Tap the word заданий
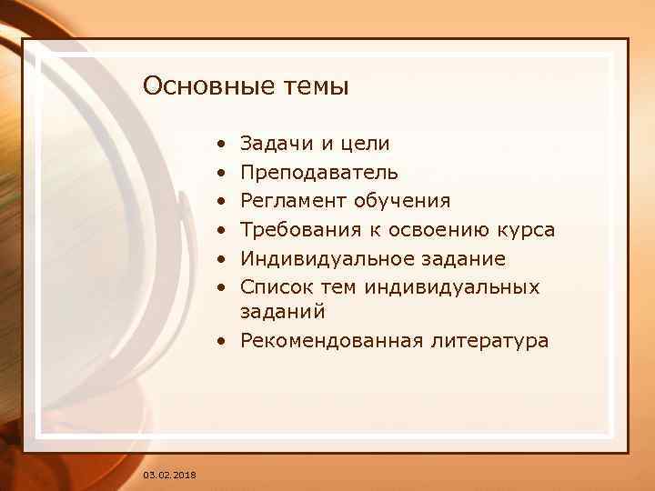click(x=283, y=312)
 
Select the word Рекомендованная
click(x=332, y=341)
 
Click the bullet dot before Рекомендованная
click(x=222, y=342)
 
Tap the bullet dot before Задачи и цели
click(x=222, y=144)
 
